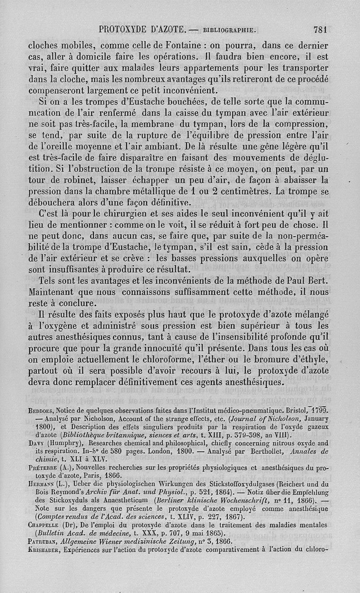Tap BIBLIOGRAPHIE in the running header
(x=230, y=31)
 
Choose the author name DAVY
(x=36, y=443)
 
